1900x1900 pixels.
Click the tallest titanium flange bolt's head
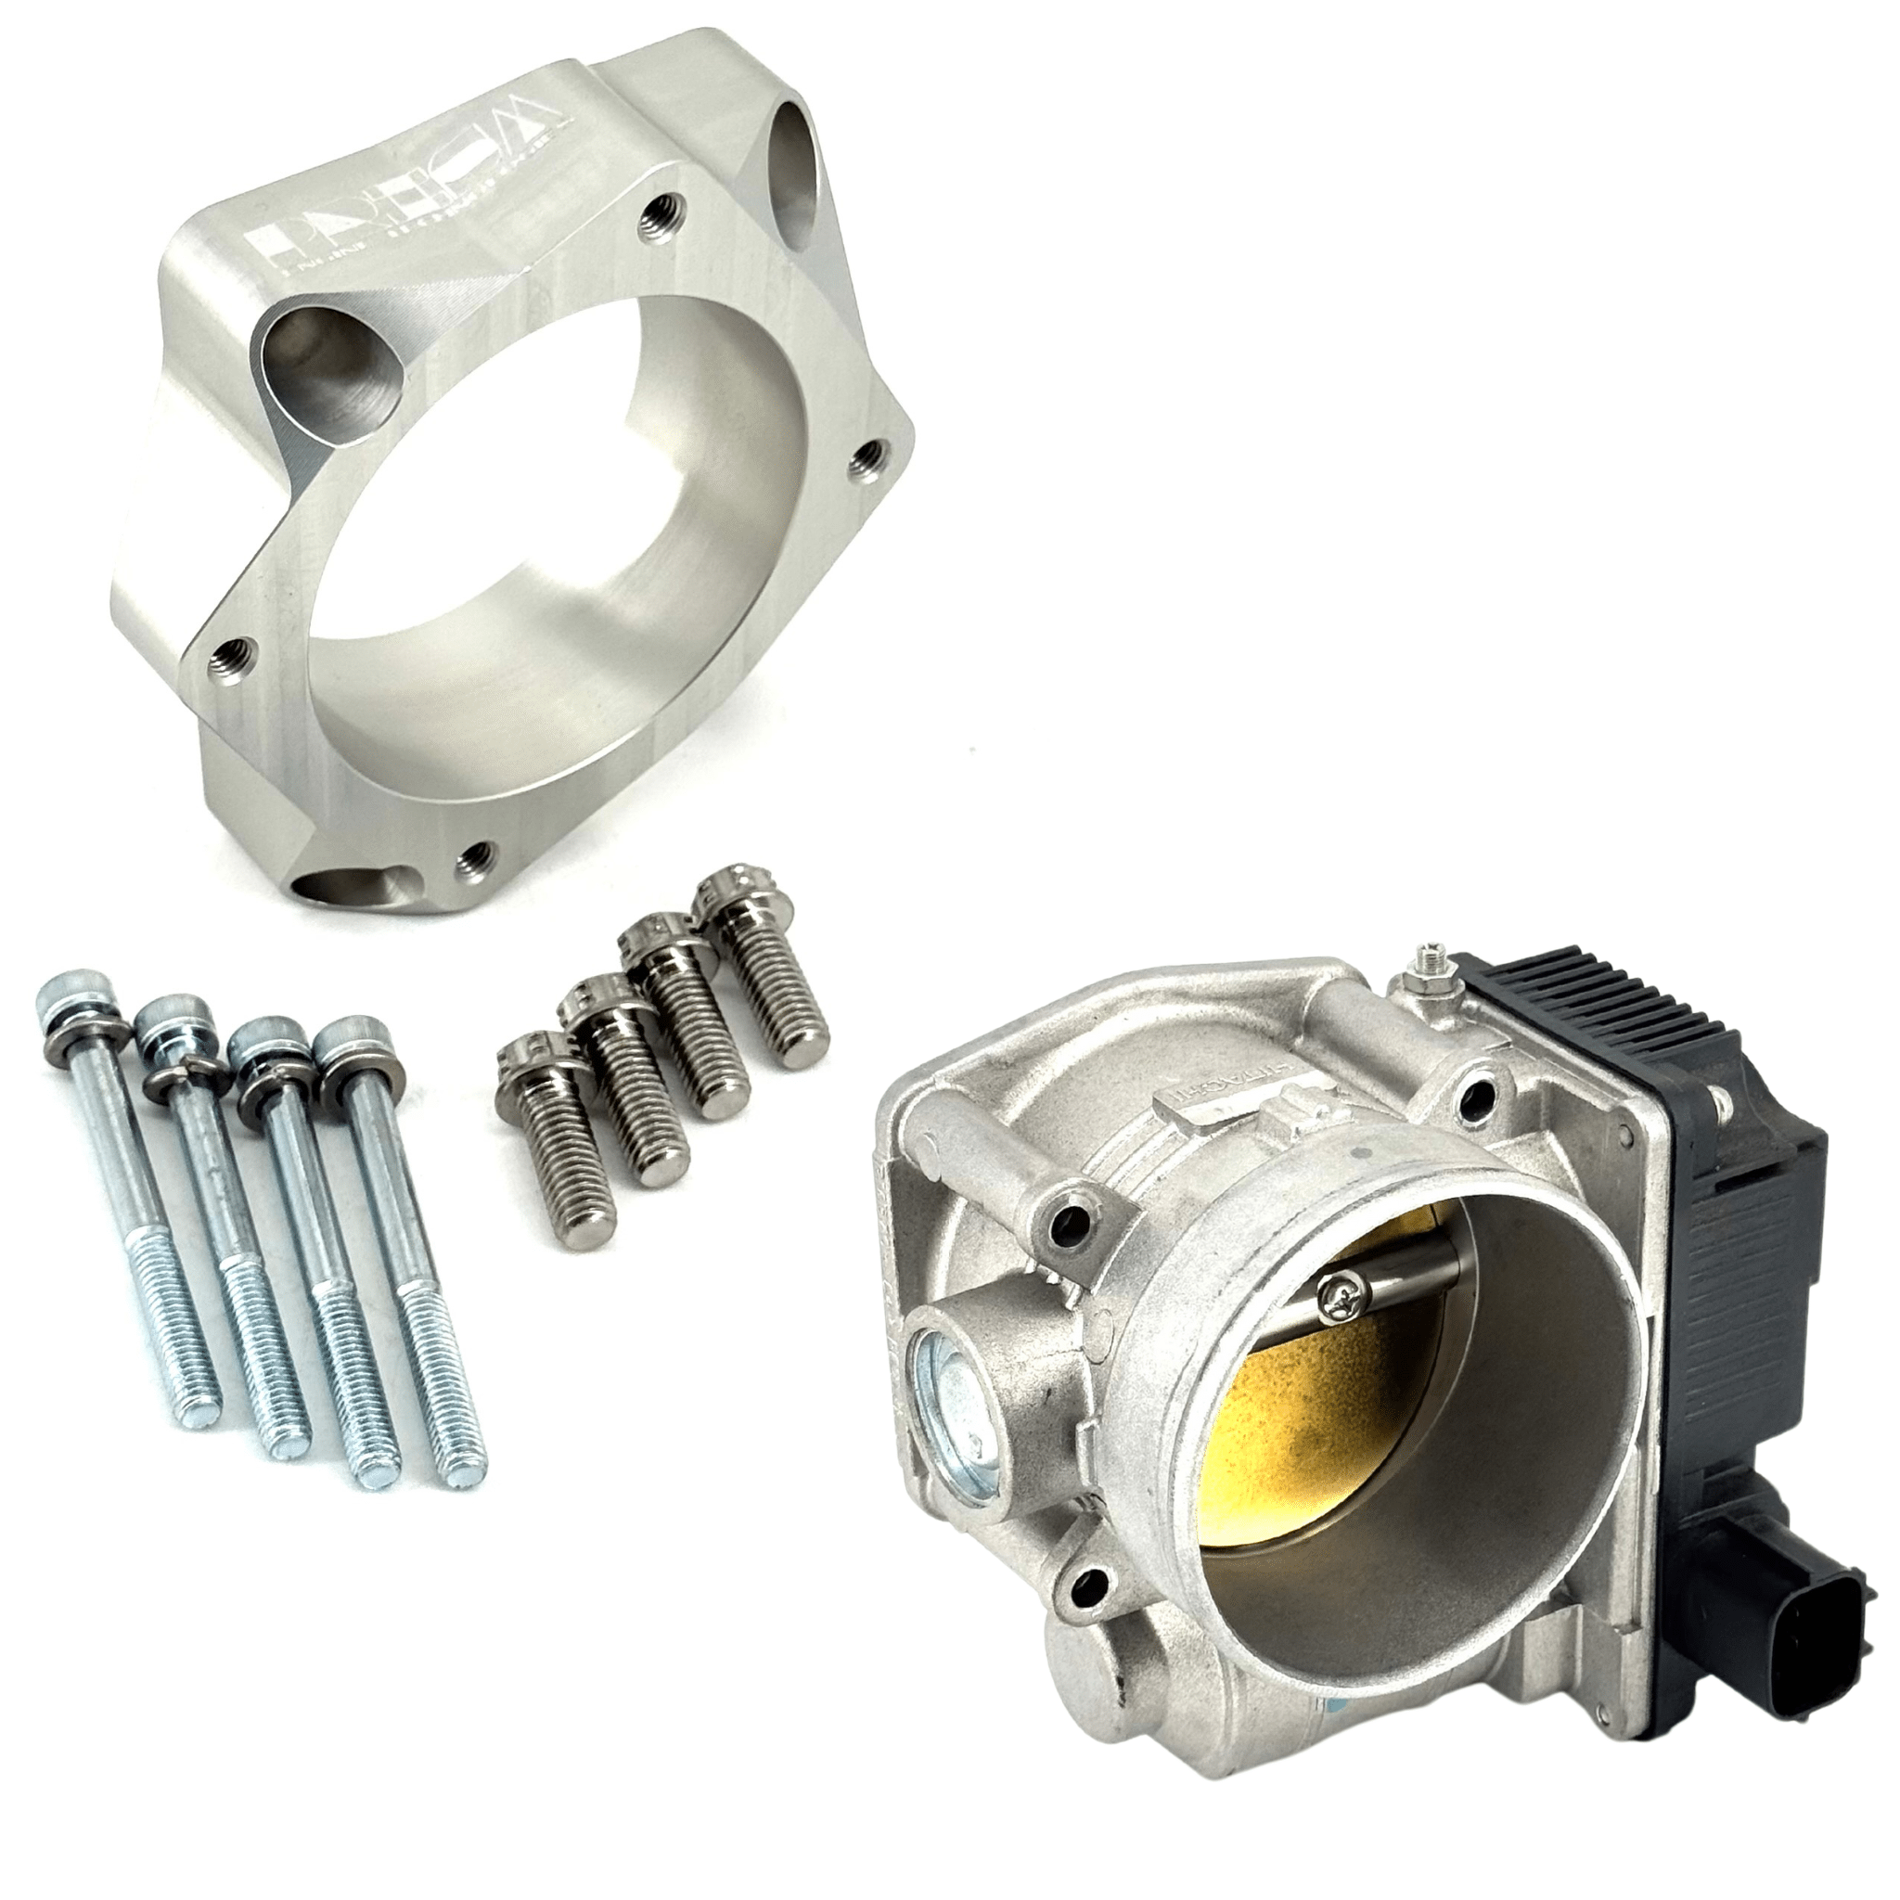(733, 898)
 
